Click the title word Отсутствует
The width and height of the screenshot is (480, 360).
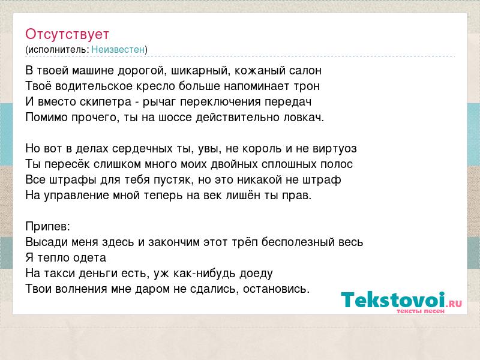67,34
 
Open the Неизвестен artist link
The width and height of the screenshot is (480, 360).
118,49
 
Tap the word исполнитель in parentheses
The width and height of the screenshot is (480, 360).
58,50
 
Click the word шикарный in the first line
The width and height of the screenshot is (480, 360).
199,71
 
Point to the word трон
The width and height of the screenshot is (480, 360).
307,86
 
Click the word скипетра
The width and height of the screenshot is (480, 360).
106,102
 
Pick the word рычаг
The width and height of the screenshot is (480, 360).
159,102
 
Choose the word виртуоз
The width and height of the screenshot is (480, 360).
335,149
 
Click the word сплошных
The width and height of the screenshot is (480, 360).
289,164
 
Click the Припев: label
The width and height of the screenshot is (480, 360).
48,227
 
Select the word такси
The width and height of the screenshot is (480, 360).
59,274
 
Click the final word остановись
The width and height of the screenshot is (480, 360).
277,289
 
